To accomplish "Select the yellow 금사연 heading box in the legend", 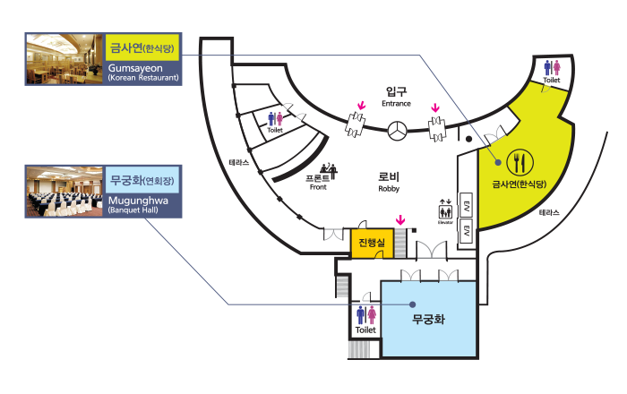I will (143, 48).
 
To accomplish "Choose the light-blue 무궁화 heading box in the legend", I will (143, 180).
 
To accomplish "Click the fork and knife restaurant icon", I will (520, 162).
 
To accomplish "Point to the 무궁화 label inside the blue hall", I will (428, 319).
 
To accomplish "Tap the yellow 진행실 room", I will (371, 243).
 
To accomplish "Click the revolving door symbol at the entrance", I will (397, 133).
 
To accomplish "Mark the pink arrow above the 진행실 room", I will (400, 219).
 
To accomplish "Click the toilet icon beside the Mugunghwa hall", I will (365, 316).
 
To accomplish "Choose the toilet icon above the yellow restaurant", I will (552, 69).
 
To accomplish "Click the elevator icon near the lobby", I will (445, 211).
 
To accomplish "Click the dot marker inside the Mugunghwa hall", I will (412, 304).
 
